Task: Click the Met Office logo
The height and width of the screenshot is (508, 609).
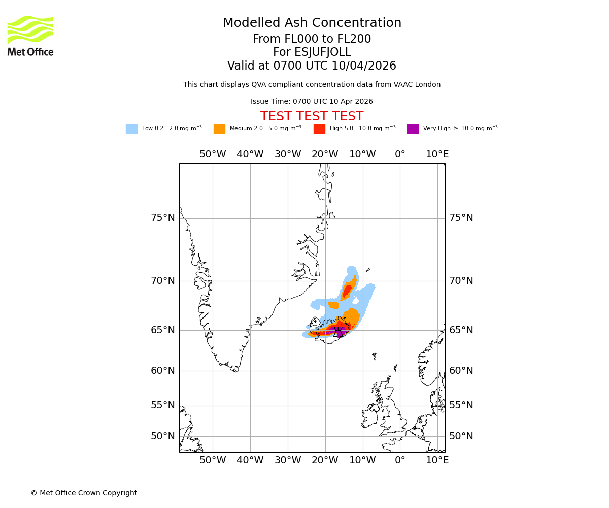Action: [x=30, y=36]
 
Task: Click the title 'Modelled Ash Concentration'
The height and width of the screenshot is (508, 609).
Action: [x=312, y=23]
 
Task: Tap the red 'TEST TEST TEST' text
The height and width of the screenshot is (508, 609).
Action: [x=312, y=117]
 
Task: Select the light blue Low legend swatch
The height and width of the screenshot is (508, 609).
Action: [x=131, y=129]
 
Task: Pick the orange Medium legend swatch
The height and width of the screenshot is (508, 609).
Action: [x=219, y=129]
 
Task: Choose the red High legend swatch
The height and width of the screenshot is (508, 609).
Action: [x=319, y=129]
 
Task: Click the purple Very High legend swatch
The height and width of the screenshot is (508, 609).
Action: [x=413, y=129]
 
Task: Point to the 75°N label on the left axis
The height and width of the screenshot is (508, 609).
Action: [x=162, y=218]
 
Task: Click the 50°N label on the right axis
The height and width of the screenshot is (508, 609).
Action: [x=461, y=436]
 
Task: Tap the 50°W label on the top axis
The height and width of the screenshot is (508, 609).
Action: [x=213, y=154]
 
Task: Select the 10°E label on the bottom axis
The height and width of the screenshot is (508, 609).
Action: [x=437, y=460]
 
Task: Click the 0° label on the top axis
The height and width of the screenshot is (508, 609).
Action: [x=400, y=154]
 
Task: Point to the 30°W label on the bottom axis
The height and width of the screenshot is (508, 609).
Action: [x=288, y=460]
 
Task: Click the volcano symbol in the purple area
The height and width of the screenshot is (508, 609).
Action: [x=339, y=331]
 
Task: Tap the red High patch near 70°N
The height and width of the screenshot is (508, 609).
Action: [x=347, y=291]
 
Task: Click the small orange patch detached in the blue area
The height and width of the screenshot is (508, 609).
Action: [x=333, y=305]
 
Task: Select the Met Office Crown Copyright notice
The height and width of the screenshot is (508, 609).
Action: [x=84, y=493]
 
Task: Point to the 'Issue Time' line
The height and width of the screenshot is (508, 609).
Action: [x=312, y=102]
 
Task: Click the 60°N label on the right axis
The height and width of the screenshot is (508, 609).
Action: [x=461, y=371]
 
